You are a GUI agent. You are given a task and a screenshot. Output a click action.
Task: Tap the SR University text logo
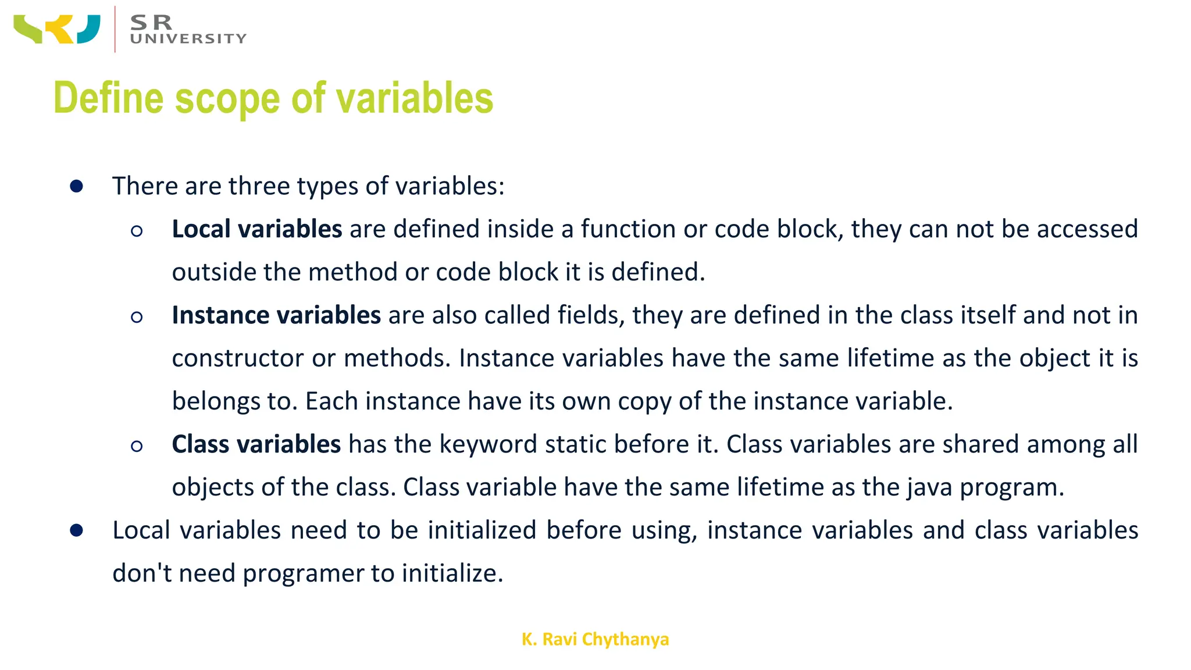tap(187, 30)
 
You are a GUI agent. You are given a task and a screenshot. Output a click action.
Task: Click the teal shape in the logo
tap(89, 29)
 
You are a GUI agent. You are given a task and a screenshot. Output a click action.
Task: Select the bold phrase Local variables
tap(256, 229)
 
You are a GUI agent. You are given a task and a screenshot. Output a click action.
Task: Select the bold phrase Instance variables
tap(276, 315)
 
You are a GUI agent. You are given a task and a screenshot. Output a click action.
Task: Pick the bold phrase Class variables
tap(256, 444)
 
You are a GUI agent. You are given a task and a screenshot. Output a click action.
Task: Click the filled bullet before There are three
tap(76, 187)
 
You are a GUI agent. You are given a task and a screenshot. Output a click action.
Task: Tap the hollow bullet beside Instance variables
tap(137, 317)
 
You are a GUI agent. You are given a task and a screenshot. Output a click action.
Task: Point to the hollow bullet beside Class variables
tap(137, 446)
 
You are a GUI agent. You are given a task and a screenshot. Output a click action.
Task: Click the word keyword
tap(488, 444)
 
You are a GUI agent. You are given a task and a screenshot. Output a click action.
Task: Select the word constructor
tap(238, 358)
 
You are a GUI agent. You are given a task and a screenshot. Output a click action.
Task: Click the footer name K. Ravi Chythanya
tap(595, 639)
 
